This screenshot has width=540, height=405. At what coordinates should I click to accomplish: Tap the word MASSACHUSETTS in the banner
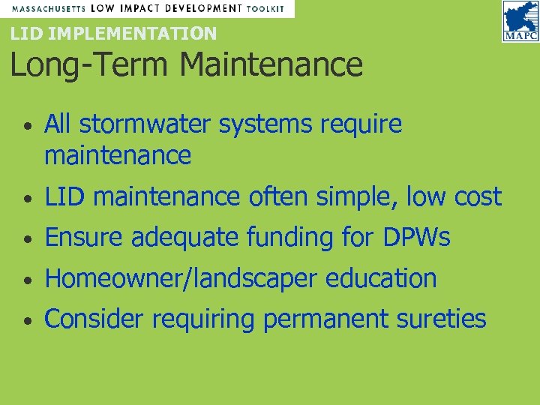tap(46, 8)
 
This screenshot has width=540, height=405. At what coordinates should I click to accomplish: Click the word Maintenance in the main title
tap(271, 64)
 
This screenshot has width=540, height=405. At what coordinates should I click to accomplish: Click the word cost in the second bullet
tap(478, 196)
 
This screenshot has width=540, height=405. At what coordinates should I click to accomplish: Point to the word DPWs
tap(415, 237)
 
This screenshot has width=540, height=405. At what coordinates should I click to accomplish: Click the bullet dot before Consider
tap(26, 321)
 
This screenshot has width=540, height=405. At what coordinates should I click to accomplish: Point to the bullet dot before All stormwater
tap(26, 126)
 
